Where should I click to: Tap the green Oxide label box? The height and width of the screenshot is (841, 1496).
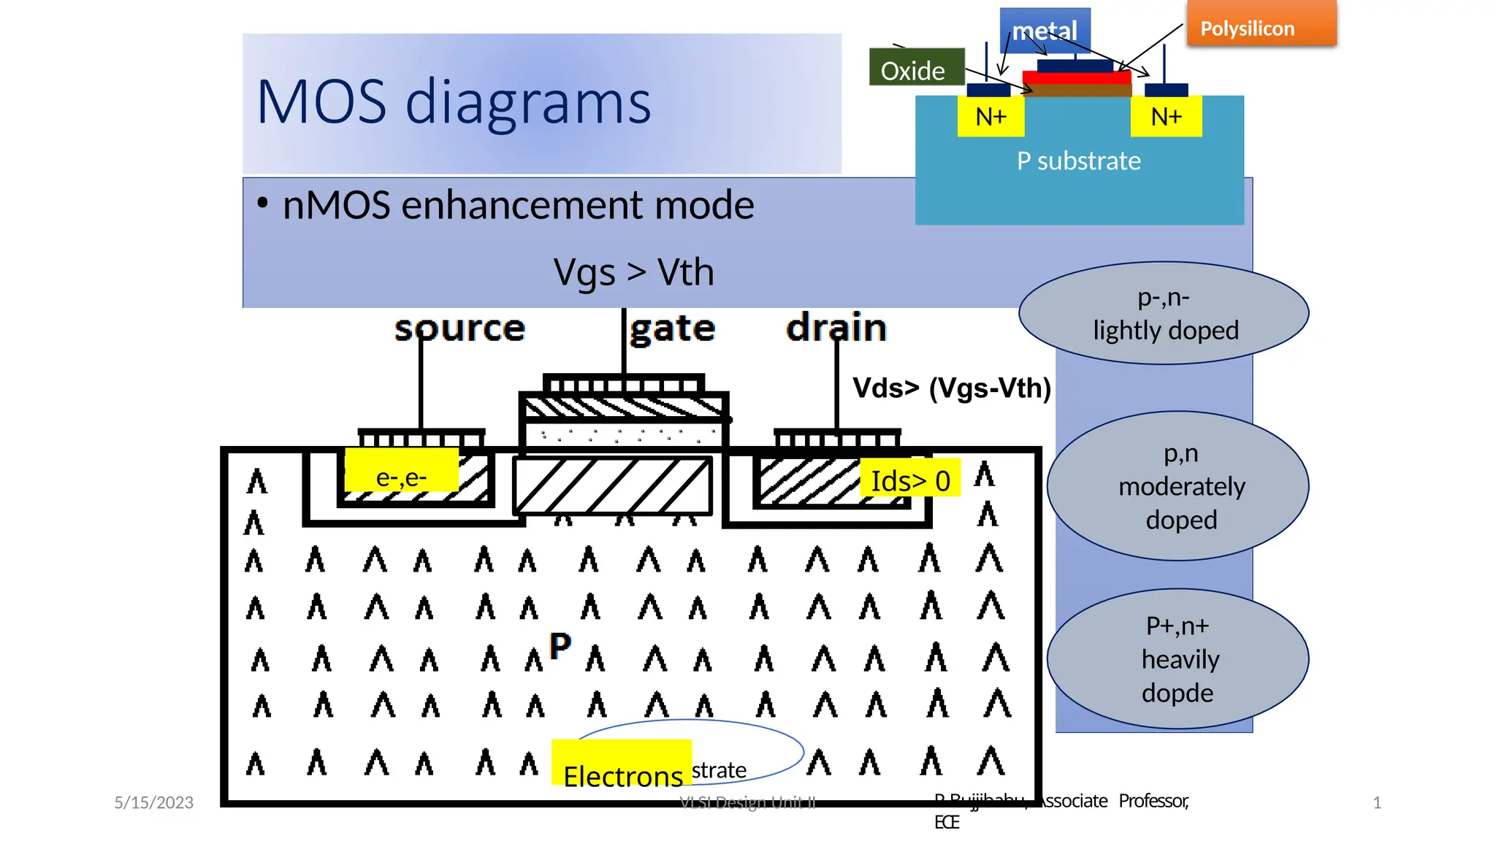(x=916, y=68)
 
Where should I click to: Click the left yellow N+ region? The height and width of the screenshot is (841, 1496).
(x=991, y=117)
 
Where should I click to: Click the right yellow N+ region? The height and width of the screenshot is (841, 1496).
(x=1166, y=117)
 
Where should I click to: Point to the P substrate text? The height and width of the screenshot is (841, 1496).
(x=1079, y=161)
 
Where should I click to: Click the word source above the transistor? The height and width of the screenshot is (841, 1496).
(x=459, y=329)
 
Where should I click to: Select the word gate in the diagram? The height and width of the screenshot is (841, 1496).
(x=673, y=329)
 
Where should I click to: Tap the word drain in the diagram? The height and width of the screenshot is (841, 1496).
(x=836, y=328)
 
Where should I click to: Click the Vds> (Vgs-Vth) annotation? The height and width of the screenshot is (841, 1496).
(x=952, y=388)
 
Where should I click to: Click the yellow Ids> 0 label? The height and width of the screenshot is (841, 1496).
(x=910, y=480)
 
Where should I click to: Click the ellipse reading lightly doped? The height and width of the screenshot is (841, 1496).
(x=1164, y=314)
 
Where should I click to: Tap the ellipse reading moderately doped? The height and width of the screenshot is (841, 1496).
(x=1178, y=486)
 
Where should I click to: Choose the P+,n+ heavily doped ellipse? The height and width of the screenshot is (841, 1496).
(x=1178, y=659)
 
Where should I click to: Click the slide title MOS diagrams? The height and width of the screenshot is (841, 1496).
(x=454, y=102)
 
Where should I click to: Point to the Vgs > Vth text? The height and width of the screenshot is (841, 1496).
(x=633, y=273)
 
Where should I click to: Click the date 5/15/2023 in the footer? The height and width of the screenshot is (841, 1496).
(x=153, y=802)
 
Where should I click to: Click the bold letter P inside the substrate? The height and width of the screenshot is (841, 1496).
(x=560, y=646)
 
